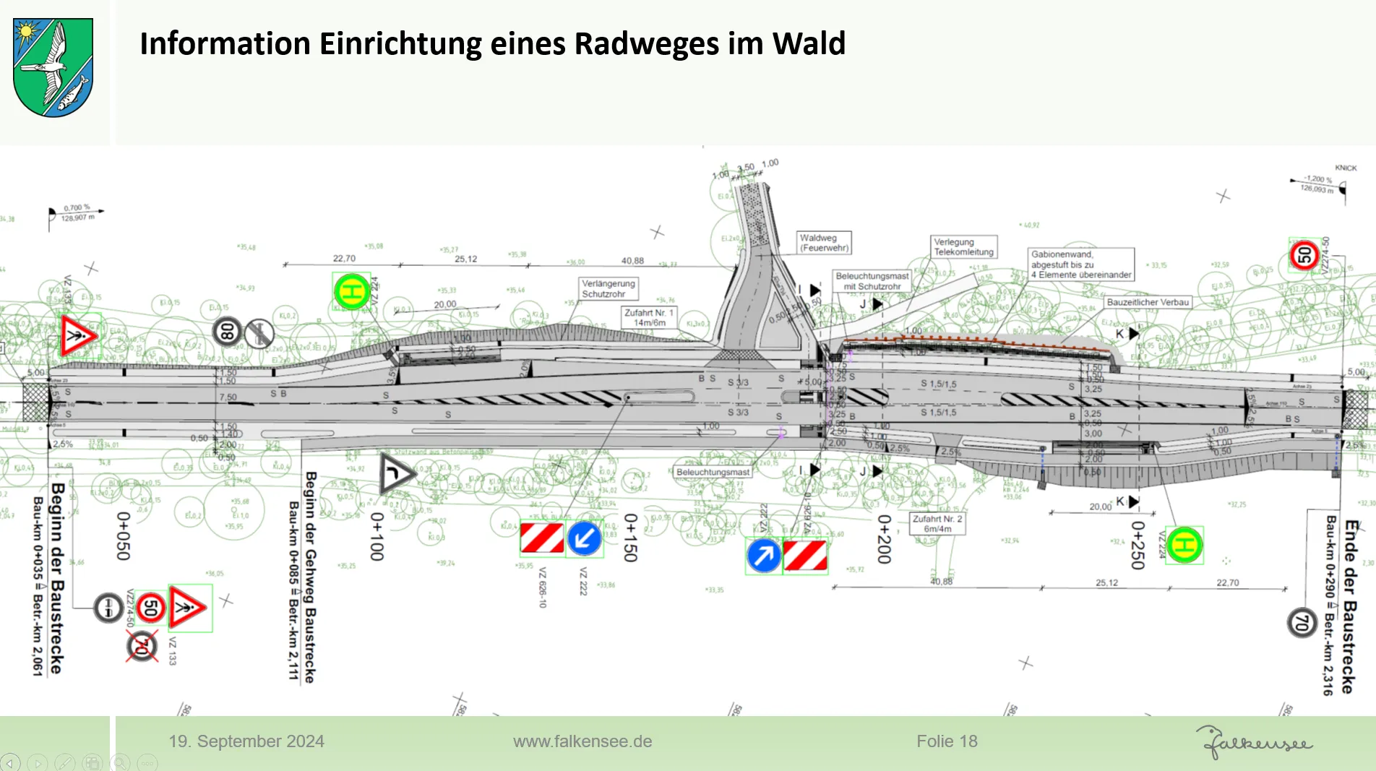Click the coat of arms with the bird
click(x=53, y=67)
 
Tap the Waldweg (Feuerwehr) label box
click(x=824, y=243)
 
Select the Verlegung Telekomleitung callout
click(x=964, y=247)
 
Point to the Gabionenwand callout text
click(x=1081, y=264)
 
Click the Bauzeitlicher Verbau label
click(x=1148, y=302)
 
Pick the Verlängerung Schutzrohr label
click(x=609, y=288)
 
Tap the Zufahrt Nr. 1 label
click(x=649, y=318)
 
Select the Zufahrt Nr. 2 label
click(x=937, y=524)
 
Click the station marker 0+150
click(x=630, y=538)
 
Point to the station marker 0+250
click(x=1138, y=546)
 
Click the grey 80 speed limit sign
click(x=227, y=332)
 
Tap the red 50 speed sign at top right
click(x=1304, y=255)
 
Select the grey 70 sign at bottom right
click(x=1302, y=622)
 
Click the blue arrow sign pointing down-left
click(x=584, y=538)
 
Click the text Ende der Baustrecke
click(x=1349, y=606)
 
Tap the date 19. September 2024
click(x=246, y=741)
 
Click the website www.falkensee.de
click(x=582, y=741)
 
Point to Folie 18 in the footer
click(x=947, y=741)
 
